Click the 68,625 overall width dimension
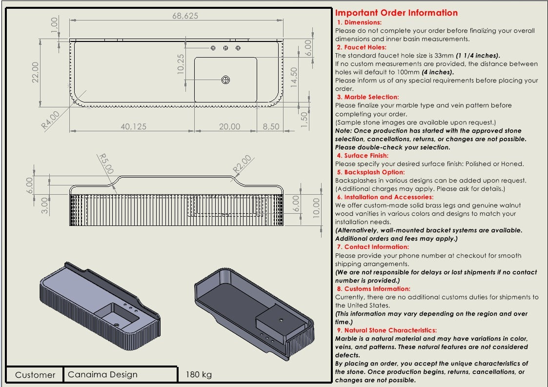pyautogui.click(x=185, y=16)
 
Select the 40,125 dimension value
pyautogui.click(x=133, y=126)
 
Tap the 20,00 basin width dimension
pyautogui.click(x=229, y=126)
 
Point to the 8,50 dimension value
pyautogui.click(x=271, y=126)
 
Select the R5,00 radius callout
pyautogui.click(x=106, y=163)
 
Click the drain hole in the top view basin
pyautogui.click(x=225, y=80)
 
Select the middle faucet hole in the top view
pyautogui.click(x=225, y=48)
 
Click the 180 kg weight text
pyautogui.click(x=199, y=375)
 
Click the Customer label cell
pyautogui.click(x=35, y=375)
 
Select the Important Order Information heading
pyautogui.click(x=396, y=13)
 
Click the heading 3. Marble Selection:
pyautogui.click(x=367, y=97)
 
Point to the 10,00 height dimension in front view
pyautogui.click(x=316, y=208)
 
